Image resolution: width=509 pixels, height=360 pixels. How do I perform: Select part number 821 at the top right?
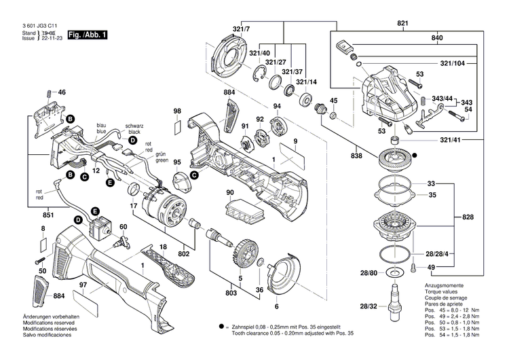(404, 24)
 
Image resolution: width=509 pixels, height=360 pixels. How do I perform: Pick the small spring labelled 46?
(48, 92)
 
